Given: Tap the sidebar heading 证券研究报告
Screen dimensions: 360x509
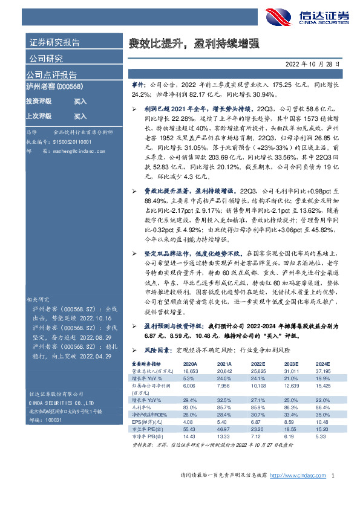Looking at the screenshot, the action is point(54,43).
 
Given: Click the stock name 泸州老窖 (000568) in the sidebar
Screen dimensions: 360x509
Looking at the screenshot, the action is point(55,87).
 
